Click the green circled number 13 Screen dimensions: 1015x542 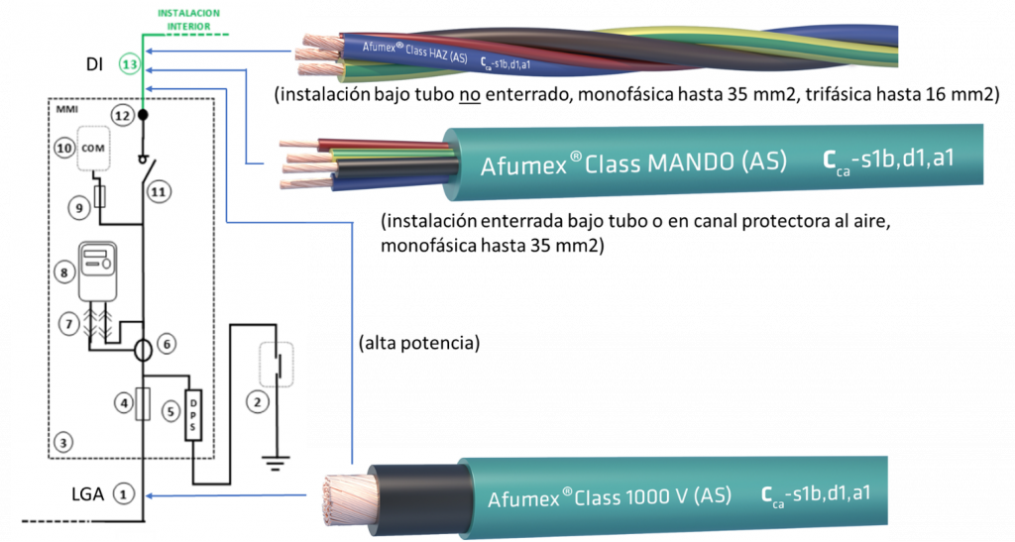130,64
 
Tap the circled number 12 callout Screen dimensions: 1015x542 122,116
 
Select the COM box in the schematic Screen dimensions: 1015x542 93,148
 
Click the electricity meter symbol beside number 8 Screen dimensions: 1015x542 98,271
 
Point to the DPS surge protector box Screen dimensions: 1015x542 193,415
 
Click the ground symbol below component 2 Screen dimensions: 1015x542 277,462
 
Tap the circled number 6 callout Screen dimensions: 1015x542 167,344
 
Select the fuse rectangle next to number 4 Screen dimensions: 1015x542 143,404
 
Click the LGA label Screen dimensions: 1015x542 87,494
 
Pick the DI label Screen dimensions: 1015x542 94,64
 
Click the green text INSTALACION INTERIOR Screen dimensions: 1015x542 189,20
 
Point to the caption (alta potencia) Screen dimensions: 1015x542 419,343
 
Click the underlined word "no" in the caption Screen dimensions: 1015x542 470,95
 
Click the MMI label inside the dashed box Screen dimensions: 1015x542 66,109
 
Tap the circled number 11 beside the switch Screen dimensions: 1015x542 159,192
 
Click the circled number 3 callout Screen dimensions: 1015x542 62,443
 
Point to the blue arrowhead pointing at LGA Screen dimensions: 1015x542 150,496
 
